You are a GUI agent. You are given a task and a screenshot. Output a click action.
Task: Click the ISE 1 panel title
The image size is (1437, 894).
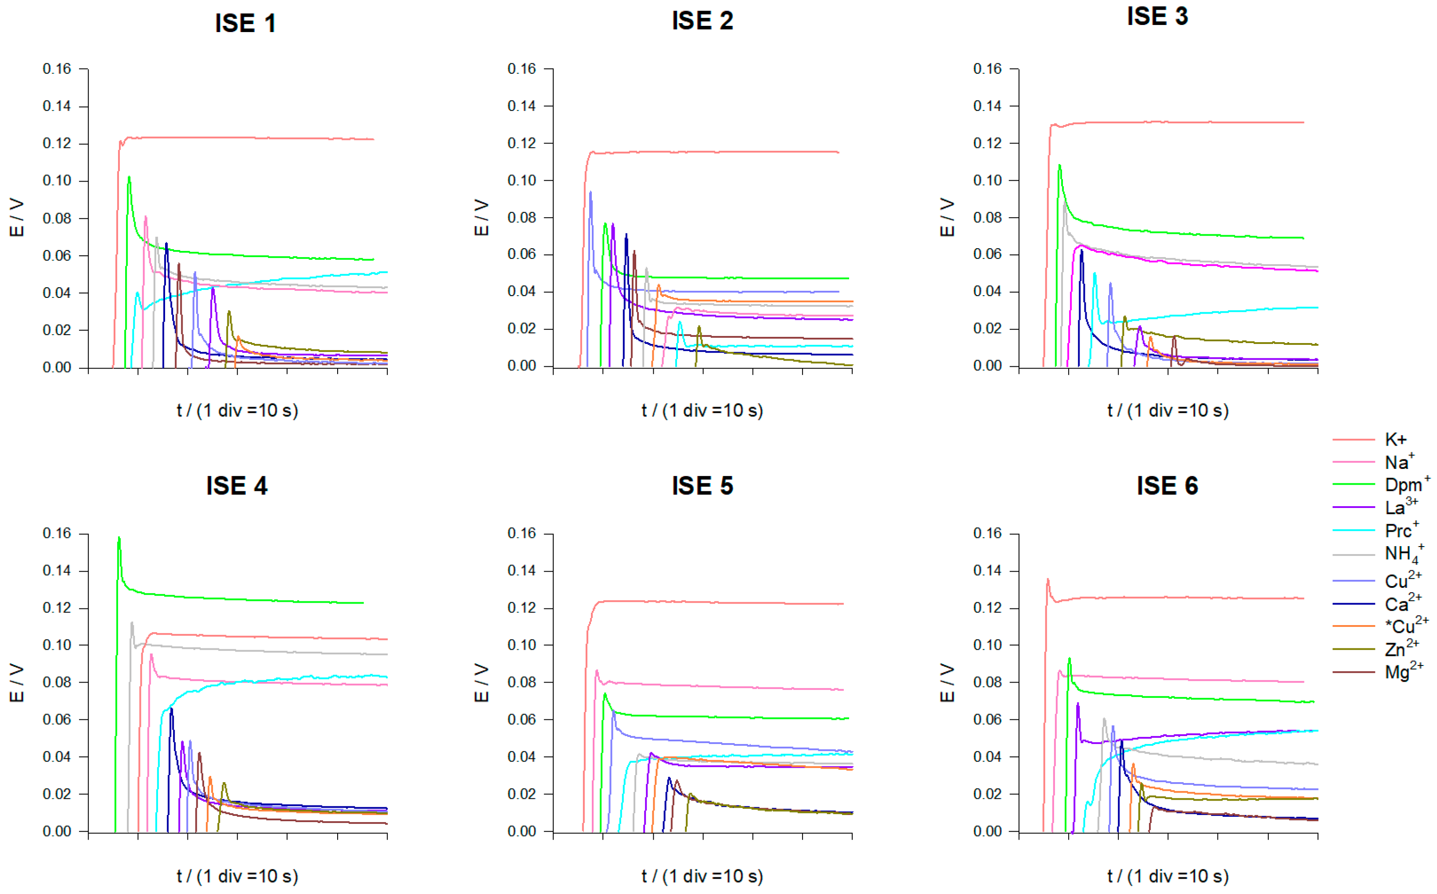(245, 24)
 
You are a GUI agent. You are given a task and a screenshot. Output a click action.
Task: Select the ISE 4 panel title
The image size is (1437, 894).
(237, 486)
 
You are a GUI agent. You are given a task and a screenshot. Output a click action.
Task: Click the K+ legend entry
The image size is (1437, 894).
(1395, 439)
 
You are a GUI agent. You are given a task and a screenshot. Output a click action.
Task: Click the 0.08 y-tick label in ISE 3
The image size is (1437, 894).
(987, 218)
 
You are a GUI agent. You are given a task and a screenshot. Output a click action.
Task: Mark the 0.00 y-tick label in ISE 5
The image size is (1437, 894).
(521, 831)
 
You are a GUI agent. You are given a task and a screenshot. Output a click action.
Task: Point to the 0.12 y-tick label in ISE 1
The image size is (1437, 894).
(56, 144)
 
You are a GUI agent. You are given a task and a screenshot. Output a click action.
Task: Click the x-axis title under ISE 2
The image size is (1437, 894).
(702, 410)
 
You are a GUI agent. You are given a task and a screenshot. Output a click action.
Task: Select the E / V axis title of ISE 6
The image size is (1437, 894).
(947, 683)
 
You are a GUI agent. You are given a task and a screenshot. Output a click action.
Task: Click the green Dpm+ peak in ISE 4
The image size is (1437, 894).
(119, 538)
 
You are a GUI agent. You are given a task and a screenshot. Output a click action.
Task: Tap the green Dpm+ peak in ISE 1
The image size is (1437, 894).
(129, 177)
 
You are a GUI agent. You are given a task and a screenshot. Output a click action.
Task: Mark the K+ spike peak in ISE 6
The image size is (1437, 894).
(1048, 579)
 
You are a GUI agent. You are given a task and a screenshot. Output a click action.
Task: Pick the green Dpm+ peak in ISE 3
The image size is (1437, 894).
(1059, 165)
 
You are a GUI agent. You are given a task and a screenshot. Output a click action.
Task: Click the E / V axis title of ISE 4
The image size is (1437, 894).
(17, 683)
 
